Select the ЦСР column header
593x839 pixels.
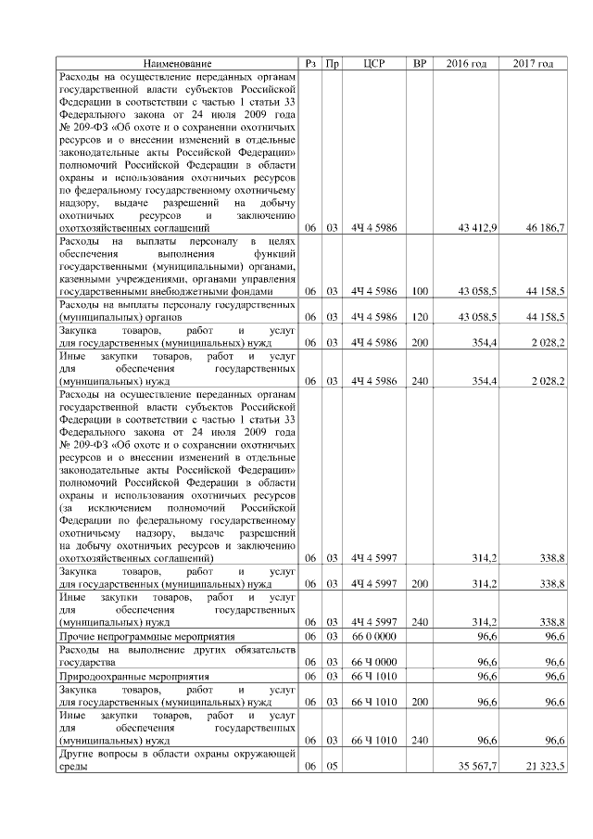click(x=373, y=63)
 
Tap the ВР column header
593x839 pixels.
click(x=420, y=63)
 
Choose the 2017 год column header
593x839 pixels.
click(x=533, y=63)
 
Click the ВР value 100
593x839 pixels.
click(x=420, y=290)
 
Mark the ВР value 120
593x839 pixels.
click(x=420, y=316)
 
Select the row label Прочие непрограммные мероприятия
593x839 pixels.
click(x=142, y=637)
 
